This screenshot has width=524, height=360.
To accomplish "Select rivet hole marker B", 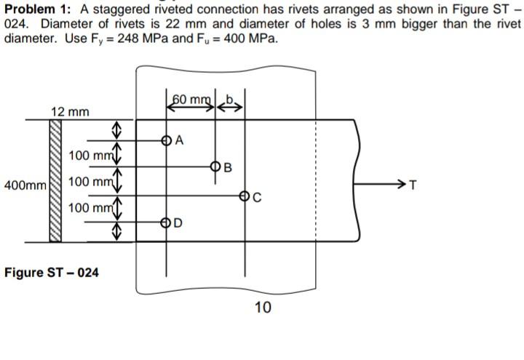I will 214,167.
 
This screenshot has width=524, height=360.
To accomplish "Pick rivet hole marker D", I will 167,221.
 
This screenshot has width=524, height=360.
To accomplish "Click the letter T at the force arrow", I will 413,184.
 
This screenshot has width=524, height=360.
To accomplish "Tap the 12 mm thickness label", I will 71,111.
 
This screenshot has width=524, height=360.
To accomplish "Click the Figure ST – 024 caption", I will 51,273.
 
